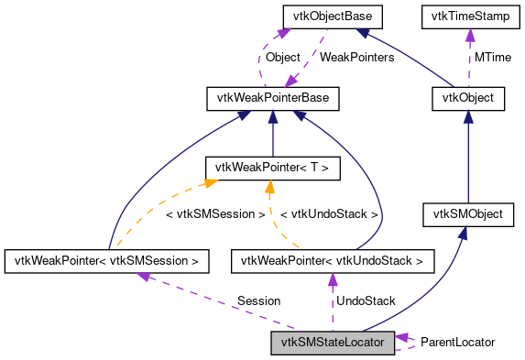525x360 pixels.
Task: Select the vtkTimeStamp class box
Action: point(469,16)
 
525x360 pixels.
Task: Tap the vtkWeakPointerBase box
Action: point(272,97)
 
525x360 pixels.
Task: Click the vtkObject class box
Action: point(468,97)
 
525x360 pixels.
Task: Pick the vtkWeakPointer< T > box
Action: point(272,168)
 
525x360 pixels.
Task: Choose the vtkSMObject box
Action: point(468,215)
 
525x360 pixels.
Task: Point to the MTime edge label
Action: point(492,57)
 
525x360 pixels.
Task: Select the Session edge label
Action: point(258,300)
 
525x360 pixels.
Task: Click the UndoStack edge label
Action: point(366,300)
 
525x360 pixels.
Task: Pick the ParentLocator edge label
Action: point(457,342)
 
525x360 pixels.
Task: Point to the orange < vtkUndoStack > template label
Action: point(328,214)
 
